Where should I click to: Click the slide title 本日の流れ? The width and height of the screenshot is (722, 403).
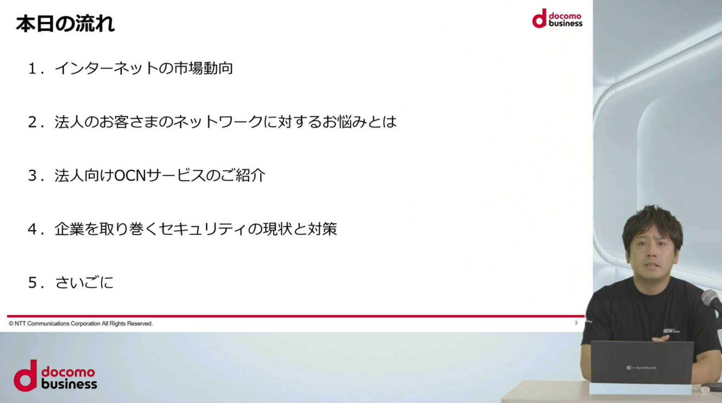pos(65,24)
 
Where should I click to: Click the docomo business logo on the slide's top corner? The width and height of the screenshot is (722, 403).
pos(557,19)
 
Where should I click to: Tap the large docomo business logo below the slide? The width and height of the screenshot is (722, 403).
pos(55,376)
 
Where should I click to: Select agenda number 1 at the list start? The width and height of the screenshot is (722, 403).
pos(32,68)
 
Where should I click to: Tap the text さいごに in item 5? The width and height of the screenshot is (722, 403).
pos(85,282)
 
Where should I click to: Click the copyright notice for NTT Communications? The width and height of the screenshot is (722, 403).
pos(81,323)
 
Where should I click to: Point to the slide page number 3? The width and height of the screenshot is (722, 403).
pos(576,323)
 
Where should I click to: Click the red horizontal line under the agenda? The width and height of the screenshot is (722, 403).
pos(296,316)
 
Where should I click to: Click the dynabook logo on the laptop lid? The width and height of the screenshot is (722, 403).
pos(641,368)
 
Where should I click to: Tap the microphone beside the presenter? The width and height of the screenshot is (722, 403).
pos(712,300)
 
